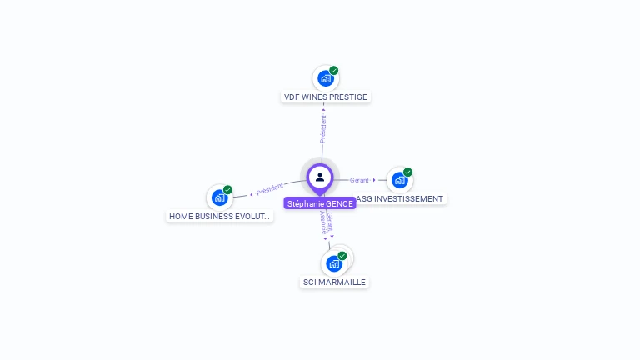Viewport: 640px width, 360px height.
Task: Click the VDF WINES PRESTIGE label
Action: coord(325,97)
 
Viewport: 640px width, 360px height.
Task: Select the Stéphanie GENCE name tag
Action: coord(320,204)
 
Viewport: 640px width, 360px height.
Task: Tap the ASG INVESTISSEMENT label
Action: coord(400,199)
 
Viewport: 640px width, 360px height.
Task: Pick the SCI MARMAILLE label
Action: coord(334,282)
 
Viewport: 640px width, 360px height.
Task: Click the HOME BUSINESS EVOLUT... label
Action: coord(219,216)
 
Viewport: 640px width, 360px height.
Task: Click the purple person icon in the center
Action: coord(320,177)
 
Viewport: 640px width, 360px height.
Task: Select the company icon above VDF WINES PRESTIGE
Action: coord(325,78)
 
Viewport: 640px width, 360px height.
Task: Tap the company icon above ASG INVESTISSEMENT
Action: coord(399,180)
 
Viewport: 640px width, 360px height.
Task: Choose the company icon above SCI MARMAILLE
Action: coord(334,263)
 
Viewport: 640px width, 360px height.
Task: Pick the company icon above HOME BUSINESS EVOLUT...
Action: coord(219,197)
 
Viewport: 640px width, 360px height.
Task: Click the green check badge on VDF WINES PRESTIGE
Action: coord(334,71)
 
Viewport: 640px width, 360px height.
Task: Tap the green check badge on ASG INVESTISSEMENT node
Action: coord(407,172)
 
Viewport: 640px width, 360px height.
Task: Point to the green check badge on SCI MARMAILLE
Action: coord(342,256)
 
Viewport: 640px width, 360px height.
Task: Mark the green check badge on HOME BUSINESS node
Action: coord(227,190)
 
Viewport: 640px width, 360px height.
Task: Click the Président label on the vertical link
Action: coord(323,128)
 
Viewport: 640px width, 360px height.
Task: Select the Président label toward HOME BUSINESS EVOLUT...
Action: coord(270,189)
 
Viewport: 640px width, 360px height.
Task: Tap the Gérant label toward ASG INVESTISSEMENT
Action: coord(359,180)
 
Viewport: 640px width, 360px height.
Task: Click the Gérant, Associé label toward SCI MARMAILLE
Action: coord(327,222)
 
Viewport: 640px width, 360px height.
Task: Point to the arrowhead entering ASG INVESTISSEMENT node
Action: coord(374,180)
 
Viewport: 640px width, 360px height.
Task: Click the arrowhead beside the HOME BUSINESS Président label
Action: coord(251,194)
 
